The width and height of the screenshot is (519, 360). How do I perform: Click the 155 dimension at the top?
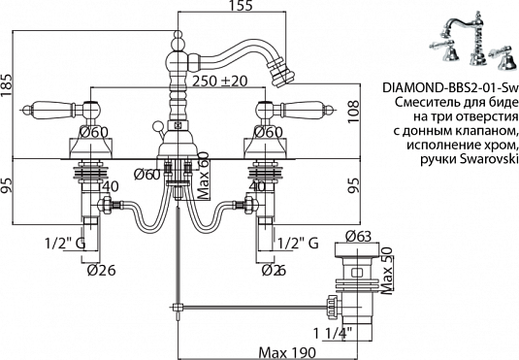click(241, 6)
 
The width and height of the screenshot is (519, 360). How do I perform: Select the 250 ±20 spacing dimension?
click(220, 82)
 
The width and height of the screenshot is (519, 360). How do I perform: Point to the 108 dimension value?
click(353, 112)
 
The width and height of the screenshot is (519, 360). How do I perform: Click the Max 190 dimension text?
click(287, 352)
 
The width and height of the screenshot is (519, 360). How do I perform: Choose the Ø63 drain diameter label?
click(358, 237)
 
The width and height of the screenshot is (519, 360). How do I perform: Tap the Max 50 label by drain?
click(387, 271)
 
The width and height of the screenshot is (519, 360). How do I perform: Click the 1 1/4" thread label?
click(334, 333)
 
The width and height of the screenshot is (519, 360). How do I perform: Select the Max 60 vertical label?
click(205, 176)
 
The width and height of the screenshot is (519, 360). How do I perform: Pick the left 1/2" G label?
click(65, 244)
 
